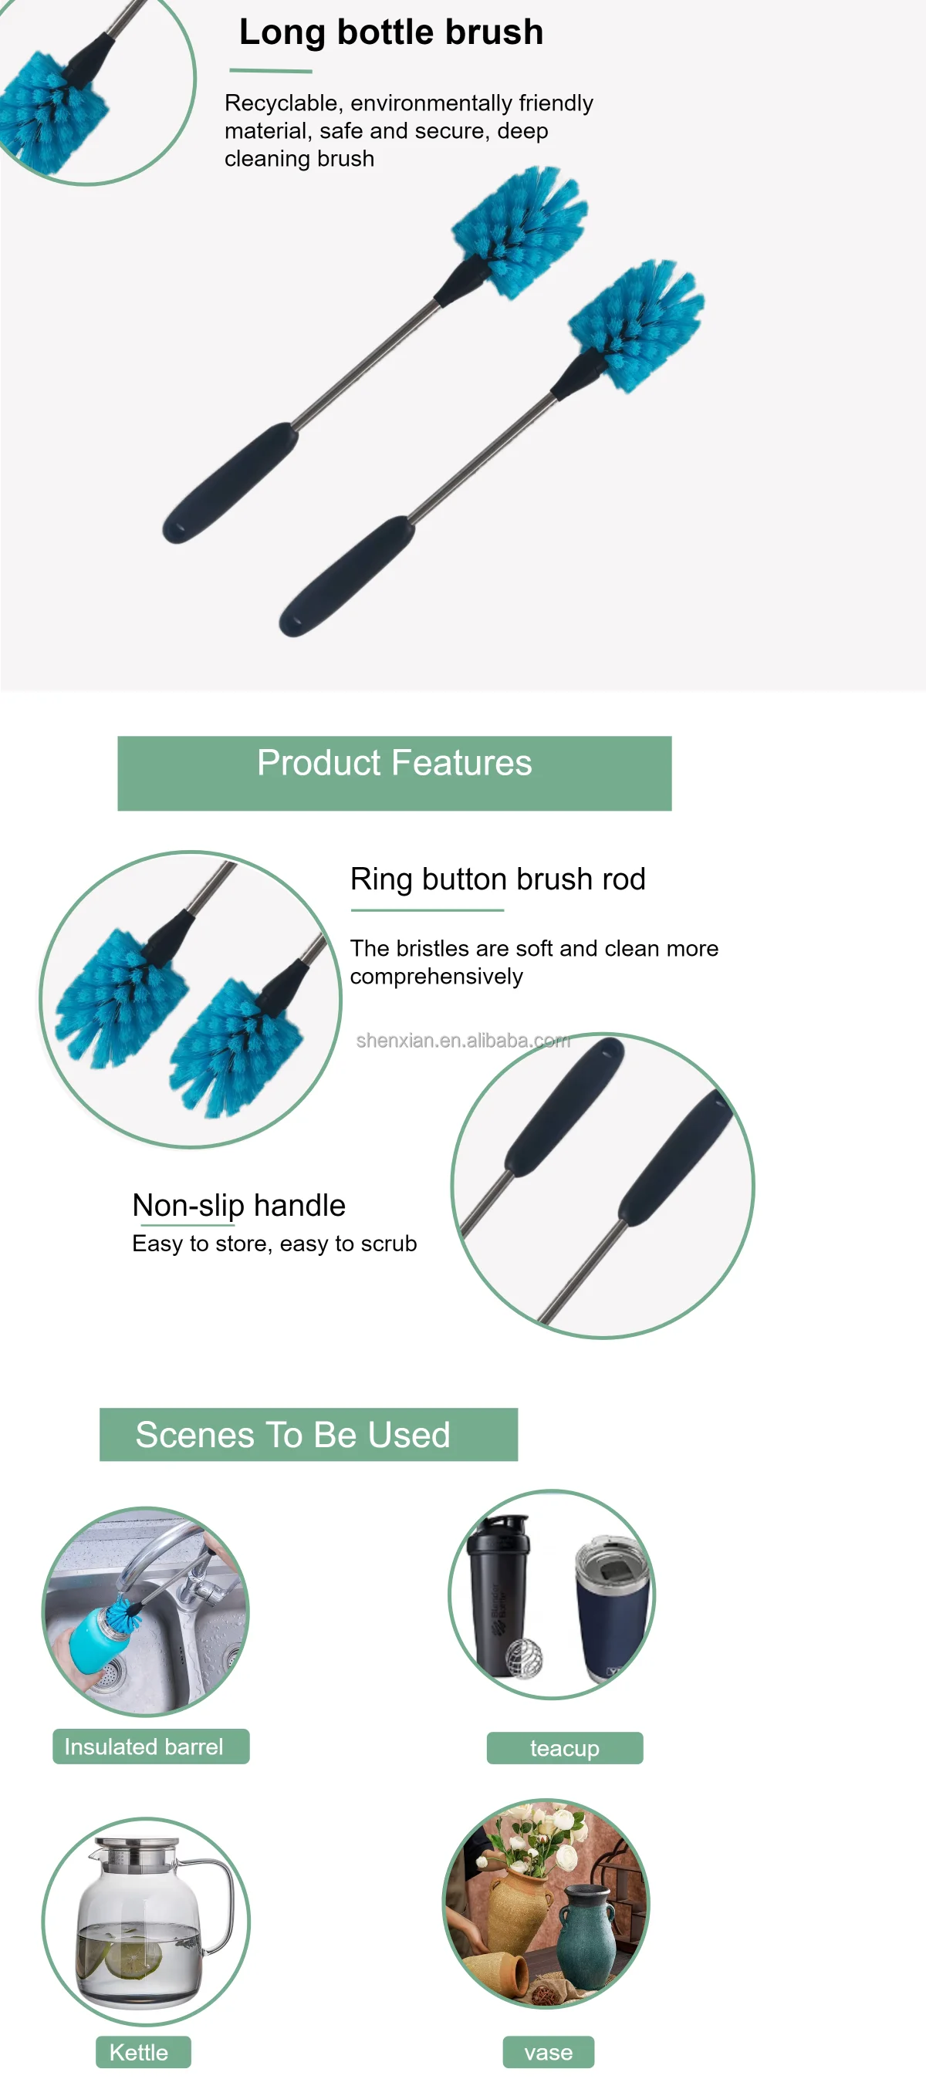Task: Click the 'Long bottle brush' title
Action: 390,32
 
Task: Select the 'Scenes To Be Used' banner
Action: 308,1434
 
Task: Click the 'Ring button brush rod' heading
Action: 497,879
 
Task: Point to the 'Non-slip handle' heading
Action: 238,1205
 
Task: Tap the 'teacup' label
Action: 564,1748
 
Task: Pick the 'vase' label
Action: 548,2051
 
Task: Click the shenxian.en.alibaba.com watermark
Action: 462,1041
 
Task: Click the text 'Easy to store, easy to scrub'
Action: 275,1244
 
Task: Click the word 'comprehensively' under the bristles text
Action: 436,977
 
